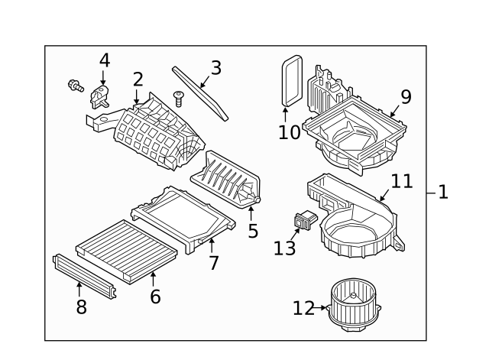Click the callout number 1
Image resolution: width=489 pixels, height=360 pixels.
[x=442, y=192]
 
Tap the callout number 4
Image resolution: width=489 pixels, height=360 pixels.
[x=105, y=60]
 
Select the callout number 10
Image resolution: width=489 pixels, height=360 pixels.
[x=290, y=131]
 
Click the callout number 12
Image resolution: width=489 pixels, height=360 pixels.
[x=303, y=308]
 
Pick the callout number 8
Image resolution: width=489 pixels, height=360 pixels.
[x=81, y=306]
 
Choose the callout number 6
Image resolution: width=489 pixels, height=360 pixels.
[x=155, y=296]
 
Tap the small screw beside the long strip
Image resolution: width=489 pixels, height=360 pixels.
[x=179, y=98]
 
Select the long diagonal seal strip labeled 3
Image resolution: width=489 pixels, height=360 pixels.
[x=200, y=93]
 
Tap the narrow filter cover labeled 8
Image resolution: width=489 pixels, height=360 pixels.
[x=84, y=271]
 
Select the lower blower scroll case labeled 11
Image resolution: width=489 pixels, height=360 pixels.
[x=355, y=222]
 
